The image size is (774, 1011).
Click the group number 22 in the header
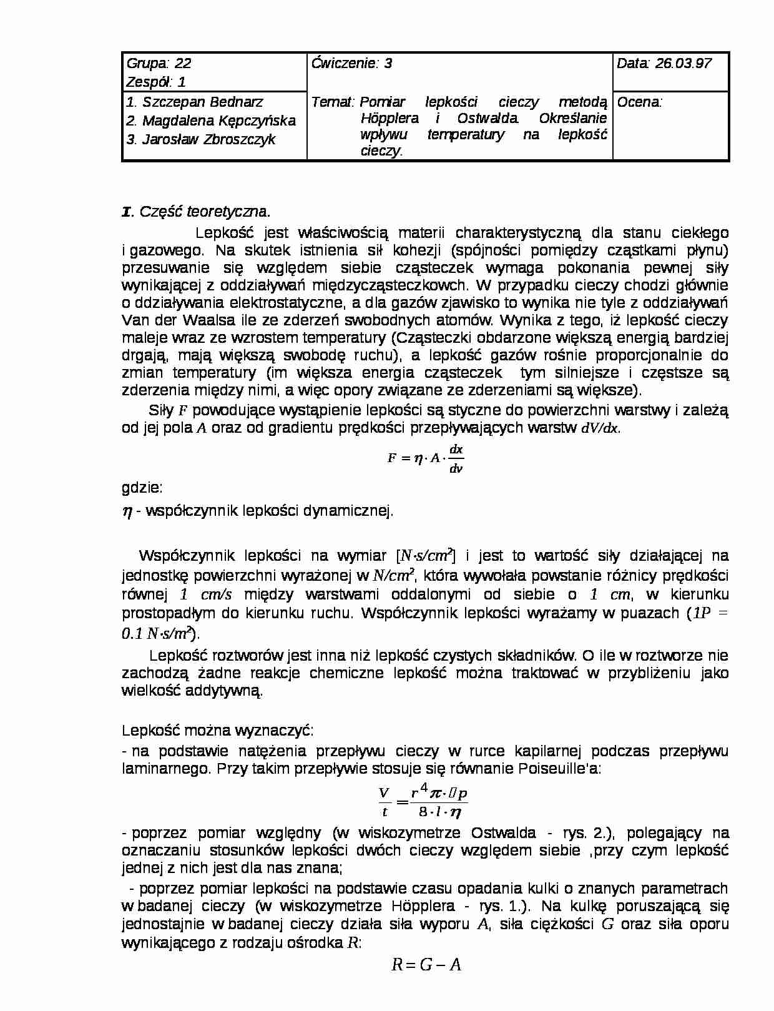[183, 63]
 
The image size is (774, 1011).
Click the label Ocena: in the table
[639, 102]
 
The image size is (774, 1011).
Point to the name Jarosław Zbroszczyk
[208, 139]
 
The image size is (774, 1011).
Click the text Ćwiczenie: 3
[352, 63]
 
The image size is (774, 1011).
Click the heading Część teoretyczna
[205, 212]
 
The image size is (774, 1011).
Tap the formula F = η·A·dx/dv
[425, 458]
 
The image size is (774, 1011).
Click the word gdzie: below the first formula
[142, 488]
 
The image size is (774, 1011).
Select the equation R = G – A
[426, 965]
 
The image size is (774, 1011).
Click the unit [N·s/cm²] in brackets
[426, 555]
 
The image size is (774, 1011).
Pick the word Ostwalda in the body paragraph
[503, 832]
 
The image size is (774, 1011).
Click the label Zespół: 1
[156, 82]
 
